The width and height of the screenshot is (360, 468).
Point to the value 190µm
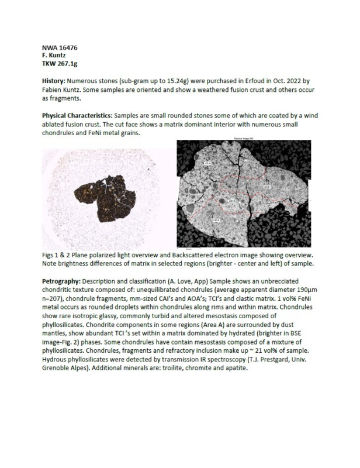pyautogui.click(x=310, y=290)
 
